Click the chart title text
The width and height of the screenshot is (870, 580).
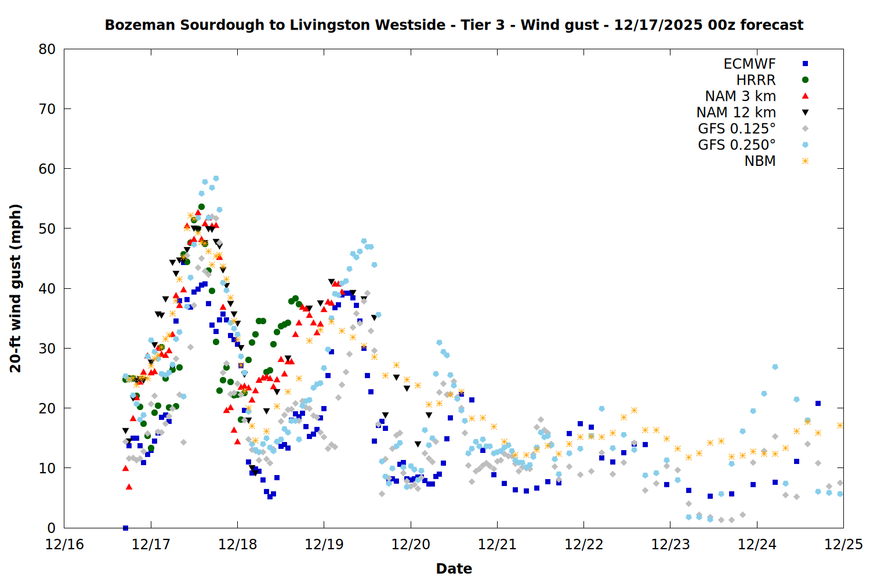click(x=454, y=25)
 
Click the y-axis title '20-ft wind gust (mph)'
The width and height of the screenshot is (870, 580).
click(x=16, y=288)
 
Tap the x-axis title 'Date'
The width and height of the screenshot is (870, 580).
click(x=454, y=568)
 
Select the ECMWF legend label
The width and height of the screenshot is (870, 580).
click(x=749, y=64)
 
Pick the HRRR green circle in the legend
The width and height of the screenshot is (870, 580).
click(x=805, y=80)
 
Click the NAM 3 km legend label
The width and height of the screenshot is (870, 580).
click(x=740, y=96)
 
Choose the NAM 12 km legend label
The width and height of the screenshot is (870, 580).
click(x=736, y=113)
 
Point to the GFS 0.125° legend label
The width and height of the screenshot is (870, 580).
click(x=737, y=129)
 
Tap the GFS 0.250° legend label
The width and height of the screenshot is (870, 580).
click(x=737, y=145)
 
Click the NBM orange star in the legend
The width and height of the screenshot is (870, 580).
click(x=805, y=161)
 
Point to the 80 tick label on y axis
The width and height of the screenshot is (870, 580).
click(x=47, y=49)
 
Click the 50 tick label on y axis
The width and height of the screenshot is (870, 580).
click(x=47, y=229)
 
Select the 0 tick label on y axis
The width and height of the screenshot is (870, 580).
click(x=52, y=528)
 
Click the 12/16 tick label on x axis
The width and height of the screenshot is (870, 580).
click(x=64, y=545)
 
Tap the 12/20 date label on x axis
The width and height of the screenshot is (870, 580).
click(x=411, y=545)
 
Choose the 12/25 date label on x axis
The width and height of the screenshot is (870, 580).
click(x=843, y=545)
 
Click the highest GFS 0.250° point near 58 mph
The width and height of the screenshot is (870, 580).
click(x=216, y=179)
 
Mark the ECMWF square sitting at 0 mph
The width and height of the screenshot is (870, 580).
click(x=125, y=528)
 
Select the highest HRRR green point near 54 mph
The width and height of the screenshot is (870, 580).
click(x=201, y=206)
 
